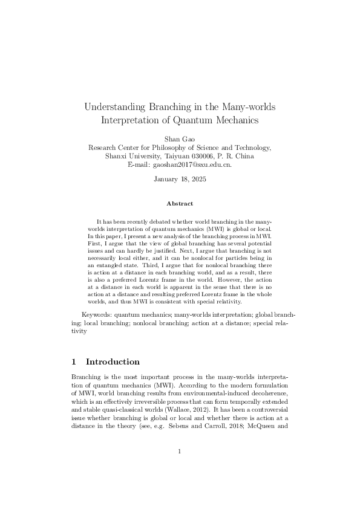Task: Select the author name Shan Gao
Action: pyautogui.click(x=180, y=138)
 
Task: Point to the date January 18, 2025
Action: pyautogui.click(x=180, y=180)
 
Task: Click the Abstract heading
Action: pyautogui.click(x=180, y=204)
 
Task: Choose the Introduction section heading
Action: pyautogui.click(x=113, y=362)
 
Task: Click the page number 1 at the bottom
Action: pyautogui.click(x=180, y=450)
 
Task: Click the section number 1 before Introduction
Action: pyautogui.click(x=74, y=362)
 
